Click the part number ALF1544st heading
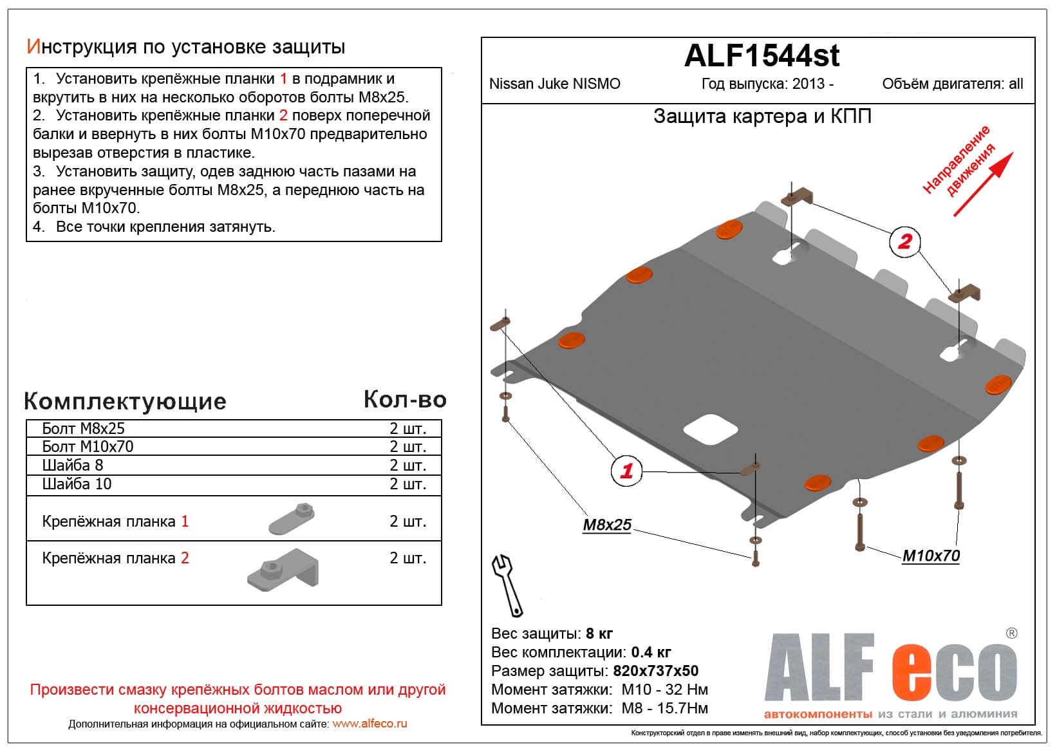(762, 56)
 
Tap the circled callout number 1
(626, 470)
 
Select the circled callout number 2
(904, 241)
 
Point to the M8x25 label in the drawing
(607, 525)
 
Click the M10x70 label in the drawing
(931, 556)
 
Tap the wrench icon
(507, 585)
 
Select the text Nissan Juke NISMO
(555, 84)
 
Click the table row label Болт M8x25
(83, 429)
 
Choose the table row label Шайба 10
(77, 484)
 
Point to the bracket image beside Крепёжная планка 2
(283, 568)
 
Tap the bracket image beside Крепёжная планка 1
(292, 518)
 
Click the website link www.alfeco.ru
(369, 724)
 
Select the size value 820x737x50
(655, 671)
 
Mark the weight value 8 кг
(599, 634)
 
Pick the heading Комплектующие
(125, 401)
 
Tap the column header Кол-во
(405, 399)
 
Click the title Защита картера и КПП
(762, 117)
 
